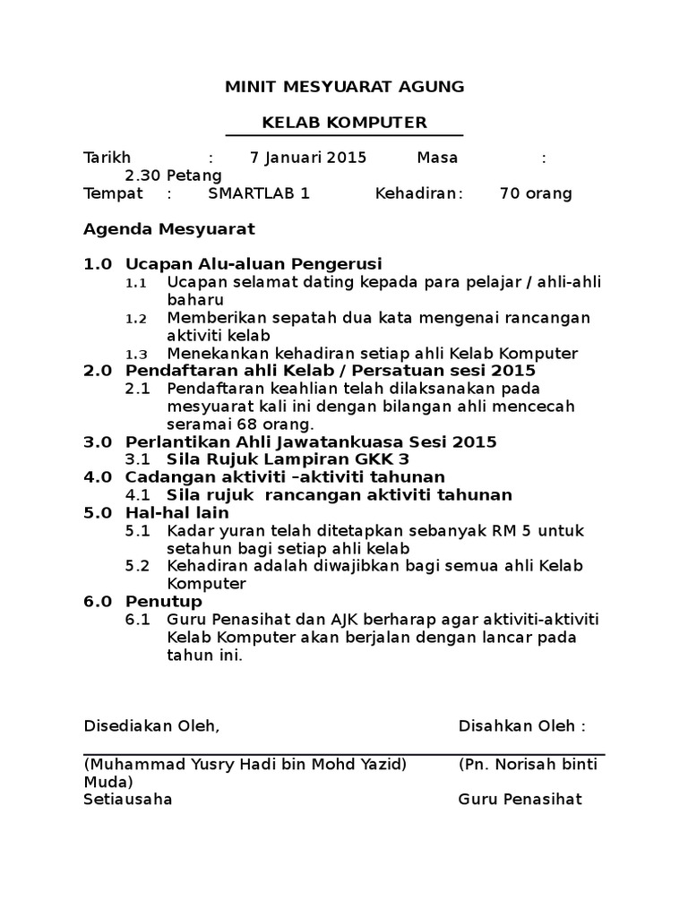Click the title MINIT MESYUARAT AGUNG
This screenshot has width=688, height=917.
point(344,87)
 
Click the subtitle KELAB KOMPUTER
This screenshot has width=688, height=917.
point(344,122)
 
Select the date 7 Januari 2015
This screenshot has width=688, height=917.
point(308,158)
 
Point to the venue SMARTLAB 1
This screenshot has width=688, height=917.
point(259,193)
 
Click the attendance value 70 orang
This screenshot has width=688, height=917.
point(535,193)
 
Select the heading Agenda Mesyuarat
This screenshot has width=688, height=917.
point(169,228)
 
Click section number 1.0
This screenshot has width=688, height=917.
point(98,264)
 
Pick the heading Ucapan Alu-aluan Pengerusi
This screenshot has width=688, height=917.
point(254,264)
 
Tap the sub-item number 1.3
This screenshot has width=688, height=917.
point(135,354)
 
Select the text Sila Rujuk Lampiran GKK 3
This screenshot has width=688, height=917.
point(288,459)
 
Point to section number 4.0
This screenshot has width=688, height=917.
point(98,476)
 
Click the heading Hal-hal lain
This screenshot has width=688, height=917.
point(177,512)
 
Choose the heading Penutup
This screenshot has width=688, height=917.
point(164,601)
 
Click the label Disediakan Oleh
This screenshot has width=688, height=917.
point(150,725)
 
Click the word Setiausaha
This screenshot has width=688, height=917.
point(128,799)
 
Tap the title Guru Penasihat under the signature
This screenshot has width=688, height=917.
point(520,799)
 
